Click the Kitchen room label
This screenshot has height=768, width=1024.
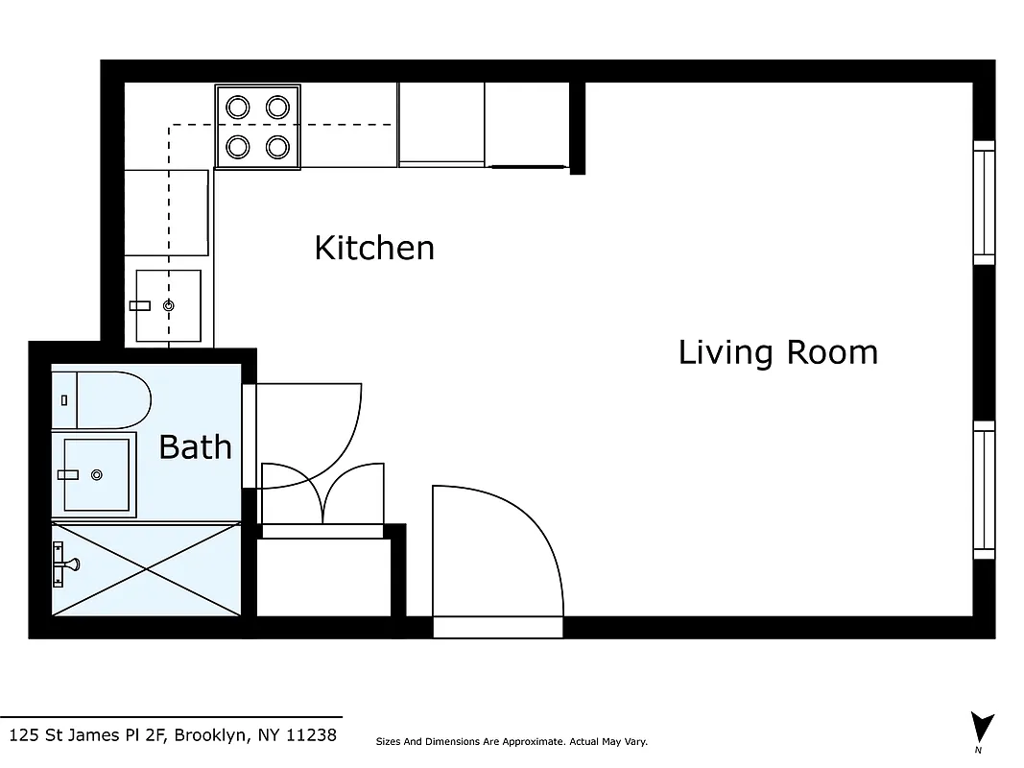pyautogui.click(x=374, y=248)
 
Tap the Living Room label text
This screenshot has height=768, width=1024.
pyautogui.click(x=777, y=352)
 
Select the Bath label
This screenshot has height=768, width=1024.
pyautogui.click(x=195, y=446)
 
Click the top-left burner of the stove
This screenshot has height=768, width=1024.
pyautogui.click(x=237, y=107)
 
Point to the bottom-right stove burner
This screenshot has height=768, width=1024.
pyautogui.click(x=278, y=147)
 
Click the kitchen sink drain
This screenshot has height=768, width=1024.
pyautogui.click(x=169, y=305)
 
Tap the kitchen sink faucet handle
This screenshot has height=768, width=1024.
pyautogui.click(x=140, y=305)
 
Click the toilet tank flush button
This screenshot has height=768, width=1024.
pyautogui.click(x=63, y=399)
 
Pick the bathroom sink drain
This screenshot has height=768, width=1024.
pyautogui.click(x=96, y=474)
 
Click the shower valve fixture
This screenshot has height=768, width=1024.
pyautogui.click(x=63, y=564)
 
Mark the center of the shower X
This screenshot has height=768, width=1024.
pyautogui.click(x=146, y=568)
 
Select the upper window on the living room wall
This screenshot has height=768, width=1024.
pyautogui.click(x=984, y=203)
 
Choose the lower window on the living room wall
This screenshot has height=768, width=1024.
pyautogui.click(x=984, y=490)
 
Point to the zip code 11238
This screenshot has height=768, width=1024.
pyautogui.click(x=312, y=735)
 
